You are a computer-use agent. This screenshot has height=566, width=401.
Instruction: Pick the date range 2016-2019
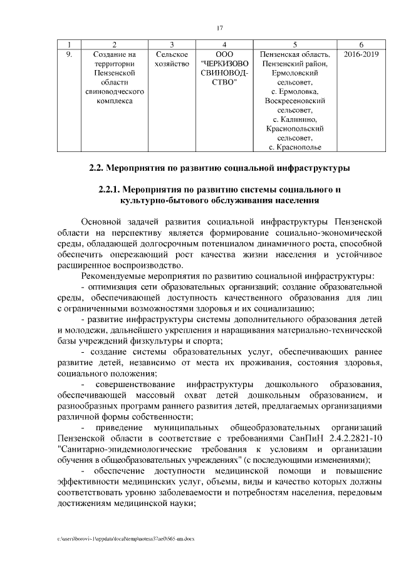(x=362, y=54)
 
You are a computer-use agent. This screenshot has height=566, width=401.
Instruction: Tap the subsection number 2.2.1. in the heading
(x=111, y=189)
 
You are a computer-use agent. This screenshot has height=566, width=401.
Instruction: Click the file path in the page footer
(x=125, y=538)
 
